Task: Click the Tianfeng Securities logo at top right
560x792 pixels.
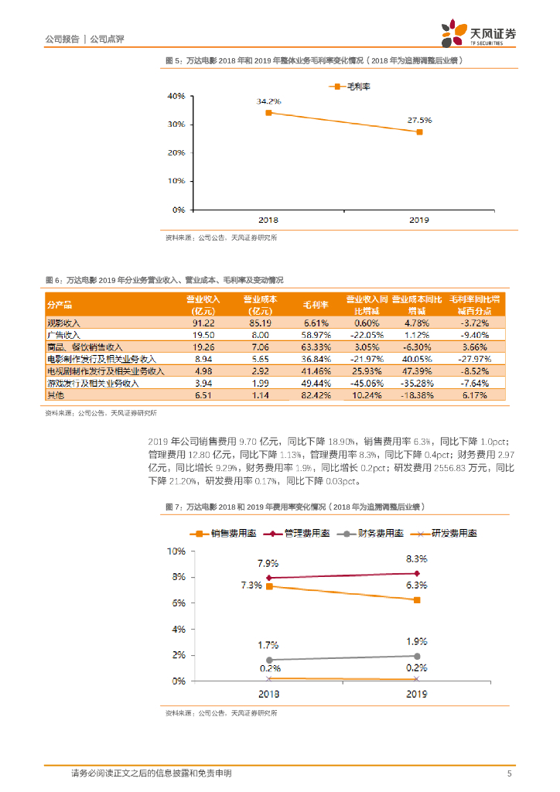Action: pyautogui.click(x=479, y=35)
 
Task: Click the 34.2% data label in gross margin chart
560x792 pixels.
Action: pyautogui.click(x=268, y=101)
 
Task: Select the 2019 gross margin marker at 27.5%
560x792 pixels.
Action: pyautogui.click(x=419, y=132)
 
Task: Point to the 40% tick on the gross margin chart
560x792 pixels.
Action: pyautogui.click(x=176, y=96)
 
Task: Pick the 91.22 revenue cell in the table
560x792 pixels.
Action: pyautogui.click(x=203, y=322)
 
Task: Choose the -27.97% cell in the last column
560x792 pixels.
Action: pyautogui.click(x=476, y=359)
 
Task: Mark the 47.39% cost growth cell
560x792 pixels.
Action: pyautogui.click(x=417, y=371)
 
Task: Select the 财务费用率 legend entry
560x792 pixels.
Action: pyautogui.click(x=377, y=533)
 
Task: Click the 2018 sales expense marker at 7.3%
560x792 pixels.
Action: pyautogui.click(x=269, y=586)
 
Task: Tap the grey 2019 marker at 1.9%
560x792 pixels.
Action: pyautogui.click(x=418, y=656)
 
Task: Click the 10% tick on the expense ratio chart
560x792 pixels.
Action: pyautogui.click(x=176, y=551)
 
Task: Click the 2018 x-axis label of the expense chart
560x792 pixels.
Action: pyautogui.click(x=269, y=695)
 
